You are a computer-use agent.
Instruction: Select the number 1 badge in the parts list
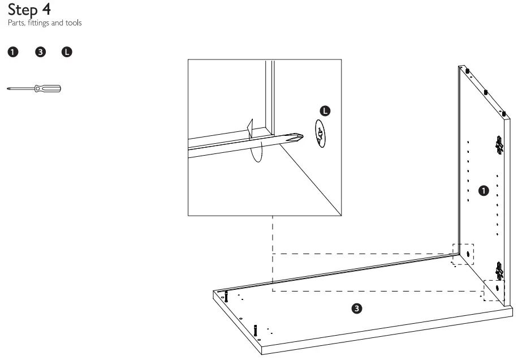[x=11, y=53]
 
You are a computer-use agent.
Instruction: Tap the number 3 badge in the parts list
[x=40, y=53]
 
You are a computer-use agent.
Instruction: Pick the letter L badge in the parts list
[x=67, y=53]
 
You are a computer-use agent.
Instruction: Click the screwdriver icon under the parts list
[x=34, y=88]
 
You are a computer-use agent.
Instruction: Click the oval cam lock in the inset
[x=320, y=134]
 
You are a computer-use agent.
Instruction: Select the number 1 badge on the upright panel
[x=483, y=190]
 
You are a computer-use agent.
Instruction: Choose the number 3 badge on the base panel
[x=356, y=308]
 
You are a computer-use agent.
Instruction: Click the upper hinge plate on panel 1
[x=499, y=145]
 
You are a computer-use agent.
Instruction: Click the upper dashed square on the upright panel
[x=463, y=254]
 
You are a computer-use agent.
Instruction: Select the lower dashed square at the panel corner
[x=494, y=290]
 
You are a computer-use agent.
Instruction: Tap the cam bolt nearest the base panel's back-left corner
[x=226, y=296]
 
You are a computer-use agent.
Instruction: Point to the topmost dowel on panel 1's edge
[x=468, y=71]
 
